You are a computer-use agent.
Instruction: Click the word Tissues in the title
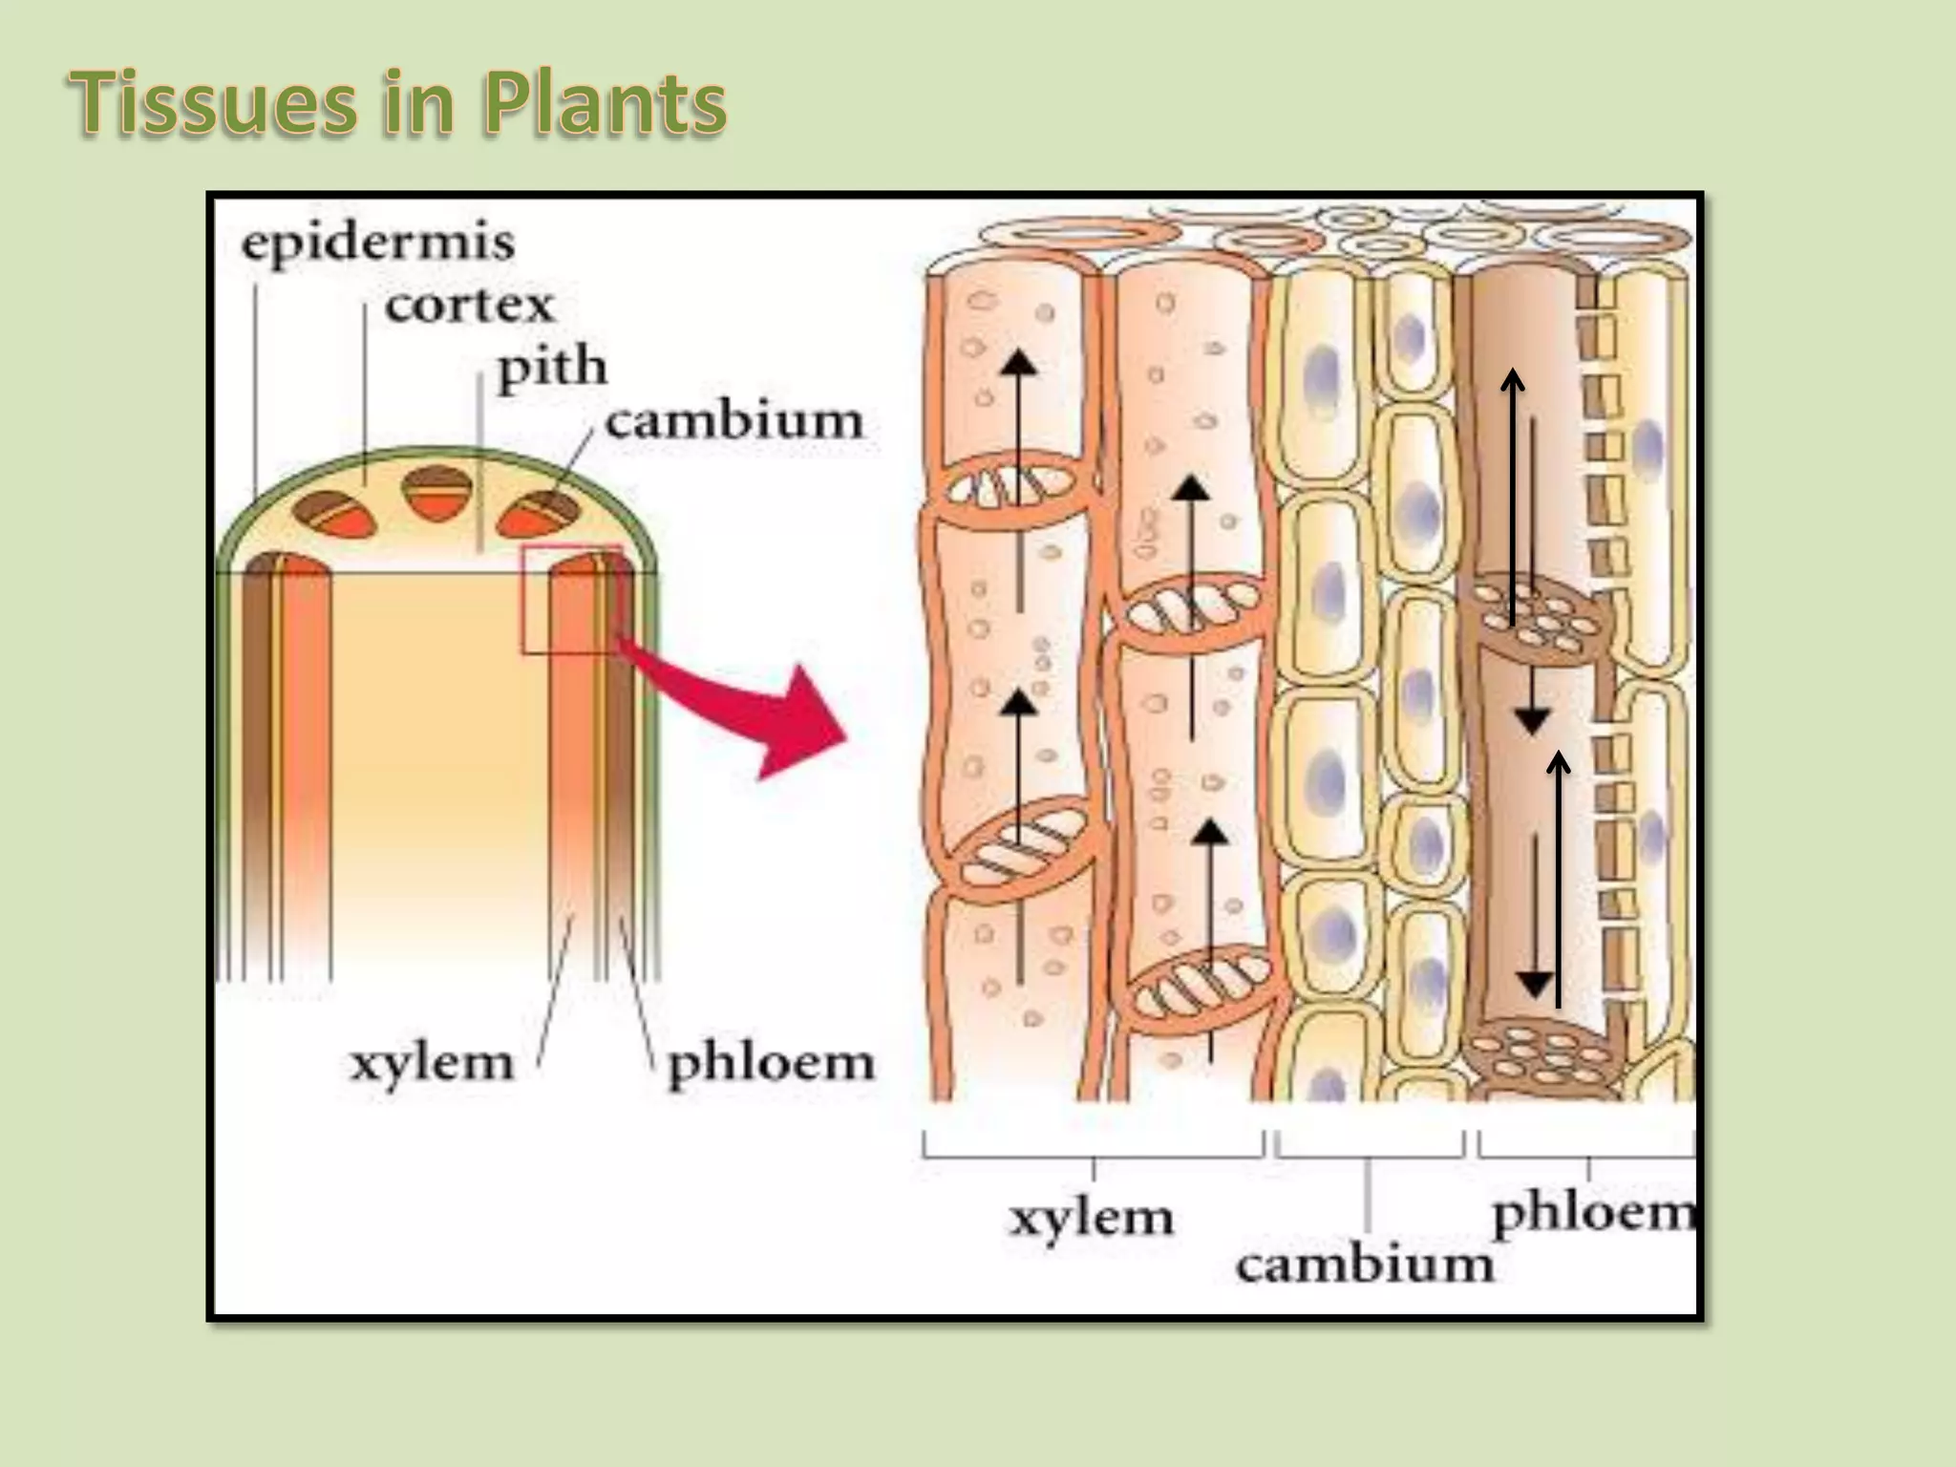[213, 103]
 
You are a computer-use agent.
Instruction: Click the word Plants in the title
[604, 103]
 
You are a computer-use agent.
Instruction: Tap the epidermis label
[377, 243]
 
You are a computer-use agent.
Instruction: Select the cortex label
[469, 306]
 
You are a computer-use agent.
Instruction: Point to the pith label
[552, 368]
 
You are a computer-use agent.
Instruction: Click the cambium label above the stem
[733, 421]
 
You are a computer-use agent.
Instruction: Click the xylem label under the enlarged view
[1091, 1218]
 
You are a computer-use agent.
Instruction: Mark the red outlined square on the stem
[571, 600]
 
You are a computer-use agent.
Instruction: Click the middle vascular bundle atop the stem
[437, 493]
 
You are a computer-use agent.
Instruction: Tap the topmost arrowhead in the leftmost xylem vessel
[1019, 363]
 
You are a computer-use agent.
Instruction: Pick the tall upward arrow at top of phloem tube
[1512, 497]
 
